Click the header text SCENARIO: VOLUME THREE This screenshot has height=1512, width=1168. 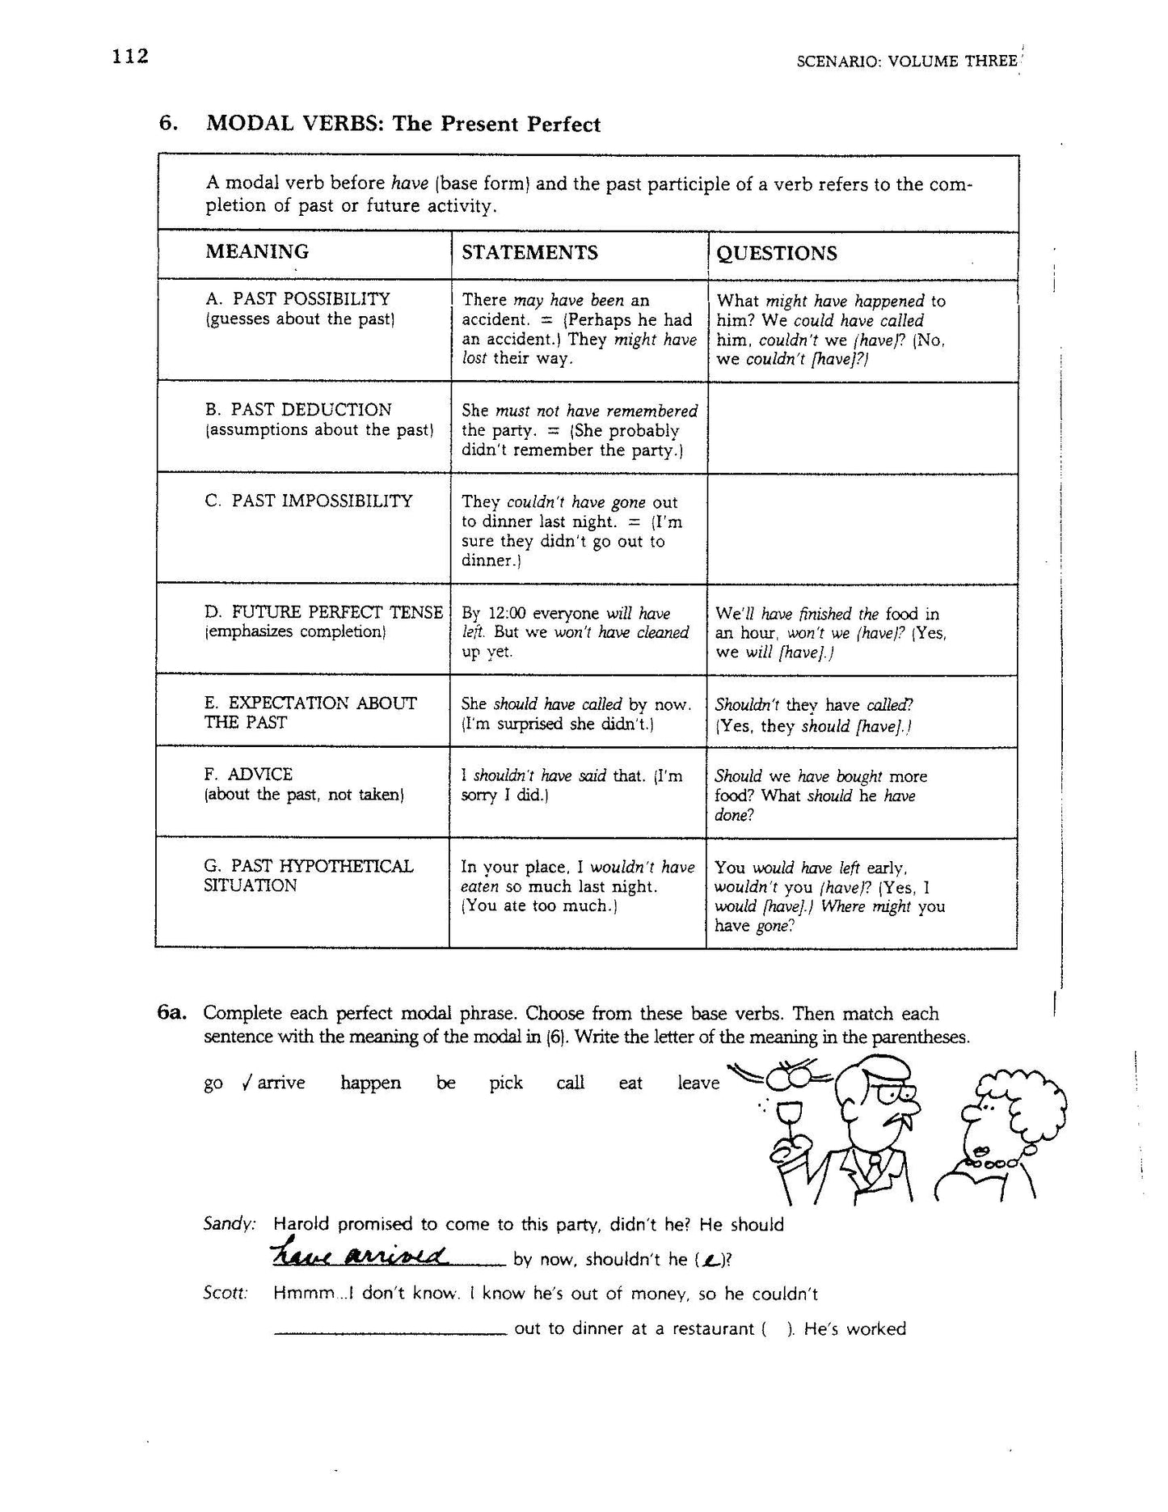click(905, 61)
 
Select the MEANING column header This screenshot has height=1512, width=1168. click(257, 251)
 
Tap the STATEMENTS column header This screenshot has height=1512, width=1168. click(529, 252)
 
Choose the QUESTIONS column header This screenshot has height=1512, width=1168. click(777, 253)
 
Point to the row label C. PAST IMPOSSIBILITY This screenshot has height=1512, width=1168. click(309, 501)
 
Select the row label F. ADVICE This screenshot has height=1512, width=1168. click(248, 774)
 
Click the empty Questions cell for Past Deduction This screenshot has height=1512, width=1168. click(862, 428)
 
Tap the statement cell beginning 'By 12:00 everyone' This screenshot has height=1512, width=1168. click(576, 632)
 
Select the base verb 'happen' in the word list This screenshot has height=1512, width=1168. click(370, 1083)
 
